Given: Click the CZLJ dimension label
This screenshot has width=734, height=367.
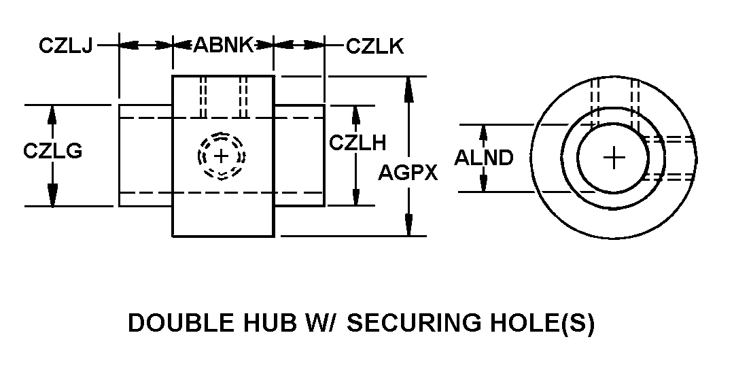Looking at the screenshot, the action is [x=65, y=46].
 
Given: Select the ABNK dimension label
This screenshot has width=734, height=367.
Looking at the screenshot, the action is [x=224, y=46].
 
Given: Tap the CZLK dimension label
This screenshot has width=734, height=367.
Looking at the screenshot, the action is [x=374, y=46].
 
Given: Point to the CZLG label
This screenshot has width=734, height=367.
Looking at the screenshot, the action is [x=52, y=151].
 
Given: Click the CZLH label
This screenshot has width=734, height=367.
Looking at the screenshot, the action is [x=357, y=143].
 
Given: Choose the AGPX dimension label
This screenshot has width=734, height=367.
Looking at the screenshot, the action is [x=408, y=173].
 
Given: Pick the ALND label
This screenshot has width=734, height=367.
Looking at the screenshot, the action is [x=484, y=158].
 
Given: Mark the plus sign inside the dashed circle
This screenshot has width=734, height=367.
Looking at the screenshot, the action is [x=221, y=156].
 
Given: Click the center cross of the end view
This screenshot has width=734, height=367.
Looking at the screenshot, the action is [x=614, y=158].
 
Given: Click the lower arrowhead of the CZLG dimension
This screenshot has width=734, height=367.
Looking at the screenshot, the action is [x=52, y=194].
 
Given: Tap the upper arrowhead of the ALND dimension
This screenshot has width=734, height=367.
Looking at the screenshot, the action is [x=484, y=133].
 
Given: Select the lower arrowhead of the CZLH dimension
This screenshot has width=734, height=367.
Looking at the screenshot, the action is [x=356, y=196].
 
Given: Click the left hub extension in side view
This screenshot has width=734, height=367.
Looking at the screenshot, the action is [x=145, y=156].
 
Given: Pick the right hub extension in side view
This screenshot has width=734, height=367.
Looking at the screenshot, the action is [x=299, y=156].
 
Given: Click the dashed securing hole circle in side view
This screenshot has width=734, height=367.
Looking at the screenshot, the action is [x=221, y=156].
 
